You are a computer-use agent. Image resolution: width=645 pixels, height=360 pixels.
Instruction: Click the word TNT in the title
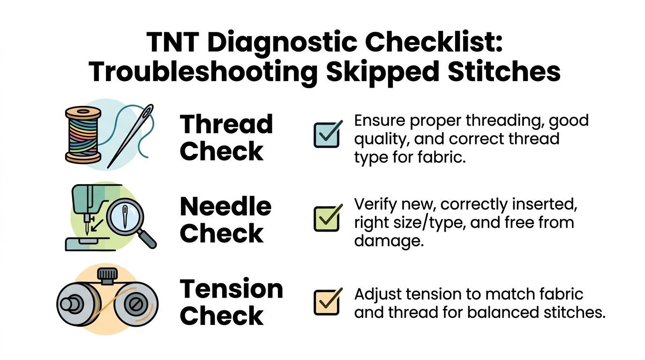click(x=173, y=42)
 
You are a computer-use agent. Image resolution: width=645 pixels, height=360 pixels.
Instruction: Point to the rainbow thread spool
click(x=83, y=135)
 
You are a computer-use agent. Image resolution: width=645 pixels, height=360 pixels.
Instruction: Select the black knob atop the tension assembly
click(x=107, y=275)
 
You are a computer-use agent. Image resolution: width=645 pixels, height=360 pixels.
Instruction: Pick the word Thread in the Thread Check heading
click(x=226, y=124)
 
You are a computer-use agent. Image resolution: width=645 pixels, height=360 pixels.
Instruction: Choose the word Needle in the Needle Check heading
click(x=225, y=207)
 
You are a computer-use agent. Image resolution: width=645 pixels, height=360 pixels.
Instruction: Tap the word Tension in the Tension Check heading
click(x=232, y=289)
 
